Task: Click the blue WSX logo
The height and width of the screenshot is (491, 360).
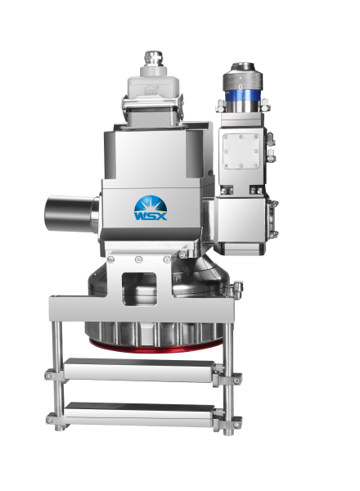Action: [151, 208]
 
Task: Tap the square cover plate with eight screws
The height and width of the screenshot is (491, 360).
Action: [241, 151]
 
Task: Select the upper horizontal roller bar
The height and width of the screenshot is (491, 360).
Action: [139, 370]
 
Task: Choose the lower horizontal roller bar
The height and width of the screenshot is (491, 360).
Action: [139, 413]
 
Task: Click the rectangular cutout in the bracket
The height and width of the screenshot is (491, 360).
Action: [139, 289]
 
